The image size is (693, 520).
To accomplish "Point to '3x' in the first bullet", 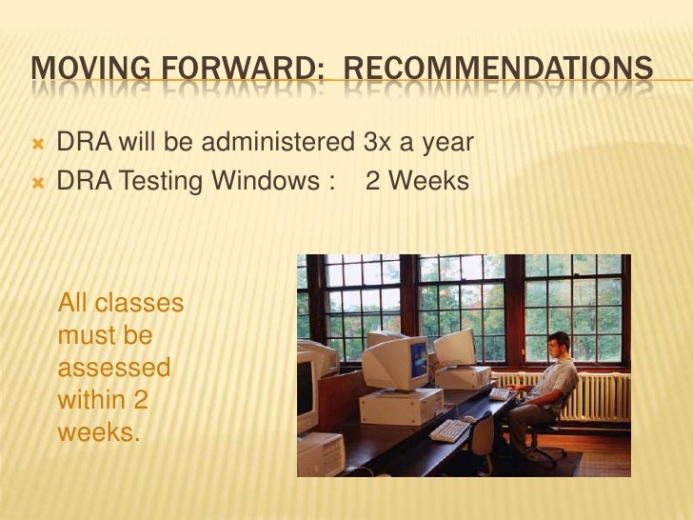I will [376, 144].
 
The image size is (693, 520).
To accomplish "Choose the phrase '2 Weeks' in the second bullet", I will [417, 180].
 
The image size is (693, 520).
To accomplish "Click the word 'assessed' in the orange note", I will [114, 368].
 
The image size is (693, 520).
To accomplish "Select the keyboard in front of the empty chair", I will [448, 430].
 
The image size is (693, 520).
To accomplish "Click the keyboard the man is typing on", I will [500, 393].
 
